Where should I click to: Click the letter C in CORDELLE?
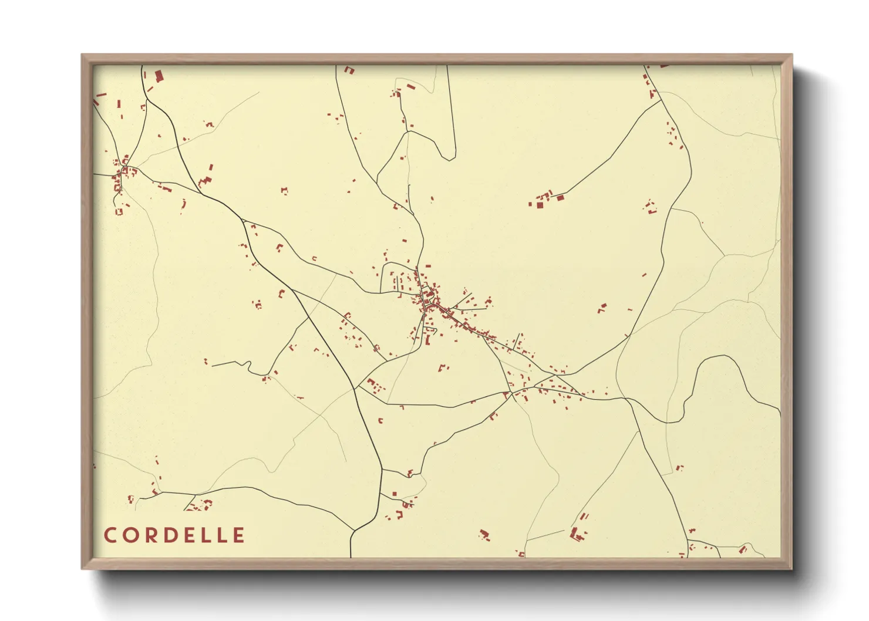(110, 535)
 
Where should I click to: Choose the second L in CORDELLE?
(220, 535)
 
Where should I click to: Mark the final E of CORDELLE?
(238, 535)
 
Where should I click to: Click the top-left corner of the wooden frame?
(82, 55)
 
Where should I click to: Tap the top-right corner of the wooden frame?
(791, 55)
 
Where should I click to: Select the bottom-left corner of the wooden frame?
(82, 568)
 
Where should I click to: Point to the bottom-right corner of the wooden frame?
(791, 568)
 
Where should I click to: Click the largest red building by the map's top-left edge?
(159, 76)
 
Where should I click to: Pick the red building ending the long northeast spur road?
(560, 197)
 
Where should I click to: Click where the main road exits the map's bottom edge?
(351, 556)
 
